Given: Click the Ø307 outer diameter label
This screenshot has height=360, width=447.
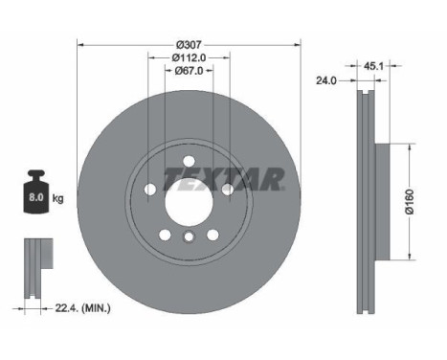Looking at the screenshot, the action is [190, 45].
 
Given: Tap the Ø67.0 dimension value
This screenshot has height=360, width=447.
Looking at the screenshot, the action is [189, 71].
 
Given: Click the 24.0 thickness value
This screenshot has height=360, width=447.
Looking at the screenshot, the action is [326, 80].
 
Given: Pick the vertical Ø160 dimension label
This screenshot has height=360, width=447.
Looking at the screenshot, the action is [410, 201].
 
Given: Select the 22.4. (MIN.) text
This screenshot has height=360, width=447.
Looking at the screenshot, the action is [83, 308].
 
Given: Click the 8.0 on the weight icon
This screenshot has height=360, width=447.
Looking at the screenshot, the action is [36, 197].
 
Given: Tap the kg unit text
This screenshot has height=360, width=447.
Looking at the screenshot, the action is [57, 198].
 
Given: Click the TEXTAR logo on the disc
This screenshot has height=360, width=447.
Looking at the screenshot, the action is [224, 179].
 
